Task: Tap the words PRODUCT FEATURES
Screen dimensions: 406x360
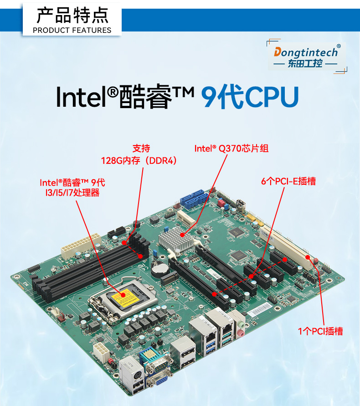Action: [x=72, y=30]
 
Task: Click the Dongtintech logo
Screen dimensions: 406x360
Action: [x=306, y=57]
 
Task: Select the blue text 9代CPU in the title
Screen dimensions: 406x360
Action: [x=250, y=97]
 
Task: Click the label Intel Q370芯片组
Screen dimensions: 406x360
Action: [x=231, y=148]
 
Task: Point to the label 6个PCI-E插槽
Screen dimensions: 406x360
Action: [x=288, y=181]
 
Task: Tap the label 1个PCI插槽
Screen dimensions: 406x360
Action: [x=320, y=331]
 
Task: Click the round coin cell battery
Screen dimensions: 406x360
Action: [x=160, y=268]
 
